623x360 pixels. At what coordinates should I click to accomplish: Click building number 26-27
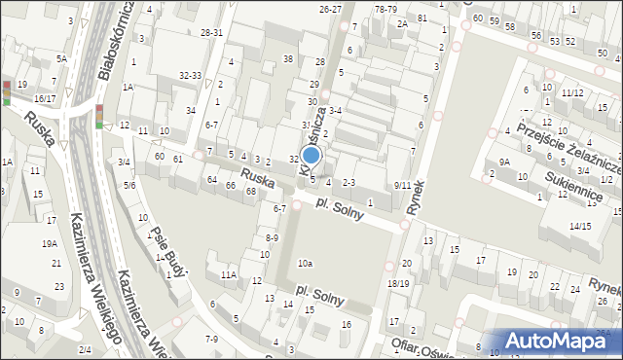click(x=331, y=8)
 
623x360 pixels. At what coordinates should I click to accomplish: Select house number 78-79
click(x=386, y=8)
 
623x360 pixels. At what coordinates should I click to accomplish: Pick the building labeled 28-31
click(x=212, y=32)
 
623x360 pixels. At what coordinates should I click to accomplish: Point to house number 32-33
click(x=190, y=75)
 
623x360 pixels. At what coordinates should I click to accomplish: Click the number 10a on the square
click(x=306, y=263)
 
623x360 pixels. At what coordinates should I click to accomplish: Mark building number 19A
click(x=49, y=244)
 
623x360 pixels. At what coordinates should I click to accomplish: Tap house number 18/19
click(x=398, y=282)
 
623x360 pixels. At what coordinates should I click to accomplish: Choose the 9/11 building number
click(x=402, y=184)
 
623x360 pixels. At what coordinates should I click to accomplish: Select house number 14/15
click(x=580, y=226)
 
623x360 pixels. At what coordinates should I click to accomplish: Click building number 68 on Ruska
click(x=250, y=191)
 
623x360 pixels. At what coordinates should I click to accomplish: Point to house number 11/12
click(x=572, y=93)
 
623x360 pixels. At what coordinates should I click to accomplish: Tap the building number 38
click(x=288, y=59)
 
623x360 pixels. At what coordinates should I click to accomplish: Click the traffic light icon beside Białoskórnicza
click(x=99, y=116)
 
